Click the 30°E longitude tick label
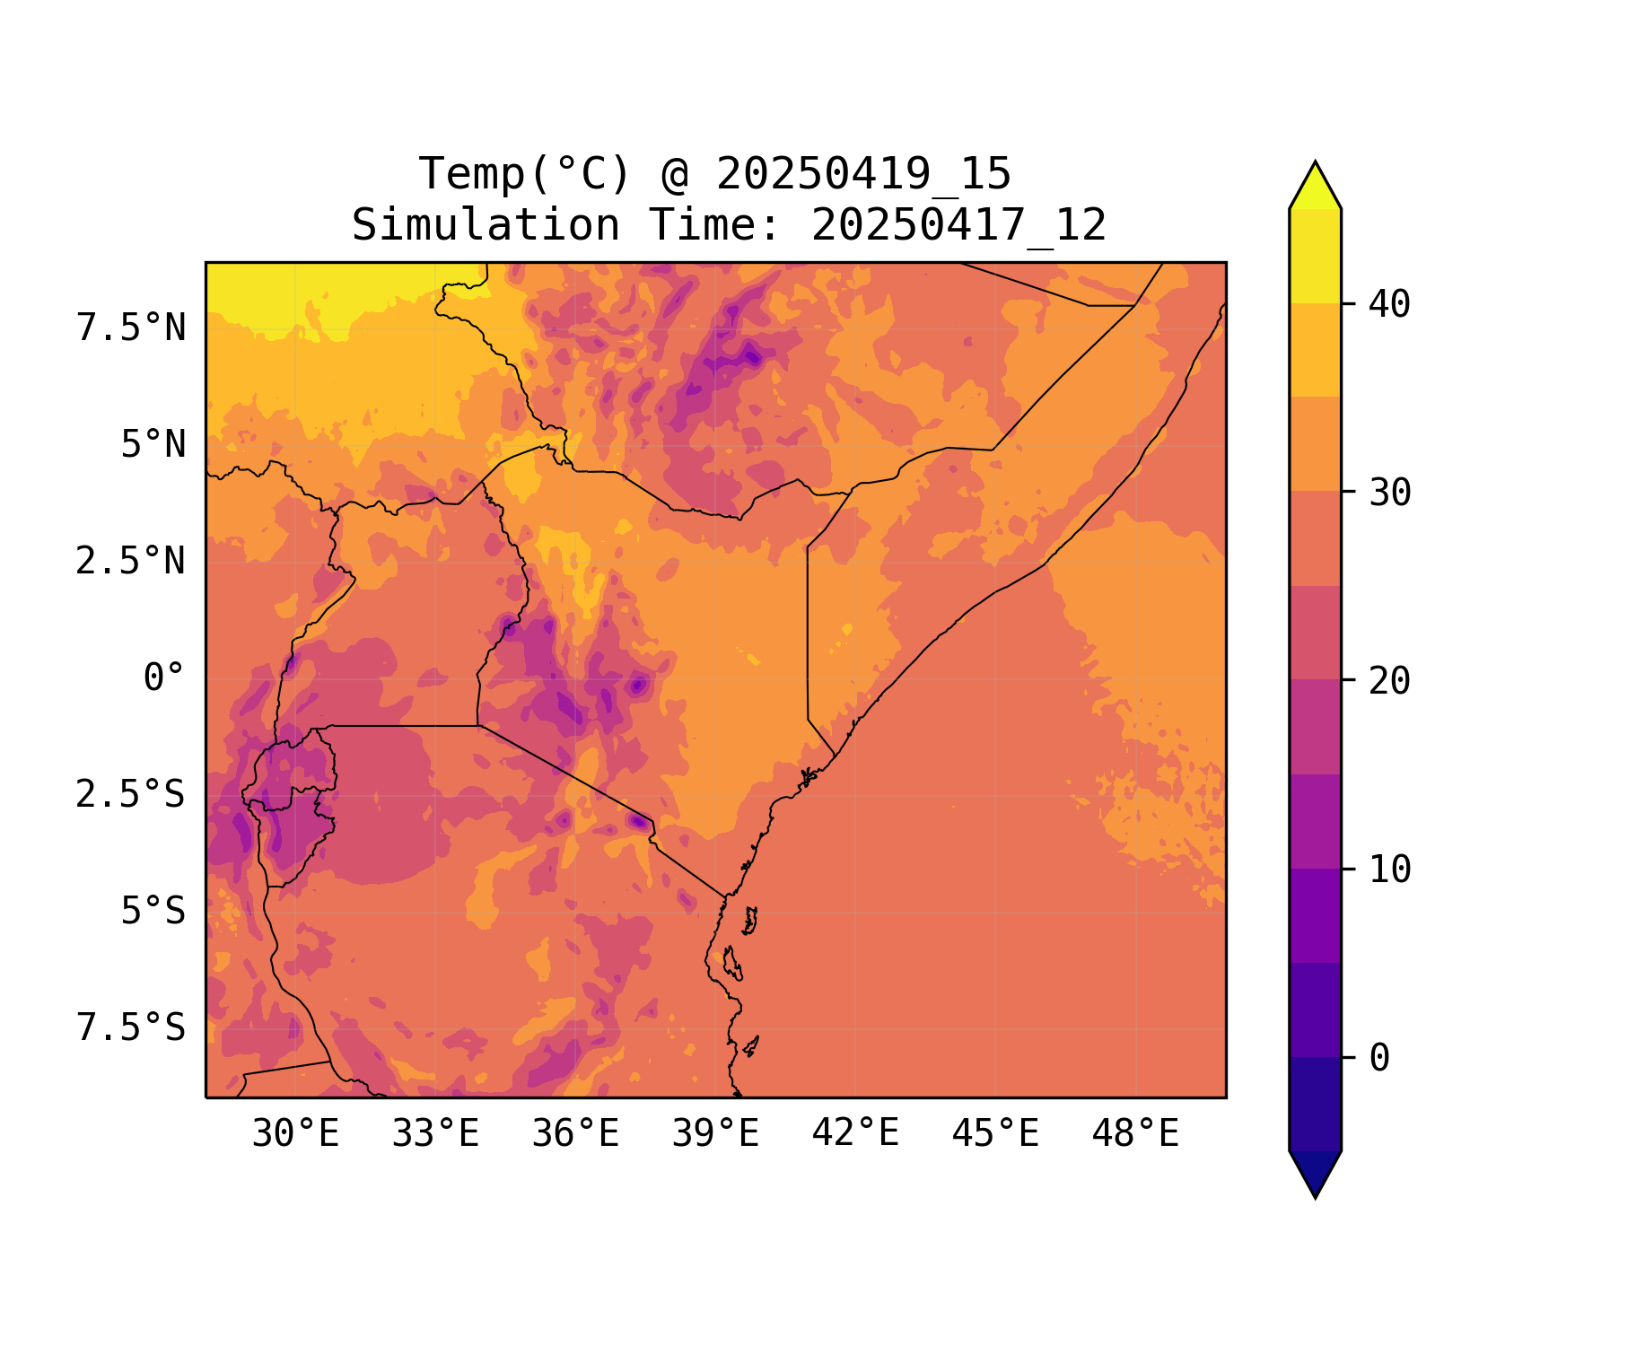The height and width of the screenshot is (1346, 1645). coord(295,1134)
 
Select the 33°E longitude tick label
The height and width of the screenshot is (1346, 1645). coord(435,1134)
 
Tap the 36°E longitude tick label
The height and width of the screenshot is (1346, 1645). coord(575,1134)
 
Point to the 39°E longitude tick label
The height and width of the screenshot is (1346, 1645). coord(715,1134)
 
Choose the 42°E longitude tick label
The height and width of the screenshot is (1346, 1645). coord(855,1133)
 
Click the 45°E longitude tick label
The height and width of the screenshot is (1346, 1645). coord(995,1134)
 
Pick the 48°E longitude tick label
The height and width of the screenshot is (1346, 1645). coord(1135,1134)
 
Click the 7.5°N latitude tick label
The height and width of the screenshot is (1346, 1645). coord(131,328)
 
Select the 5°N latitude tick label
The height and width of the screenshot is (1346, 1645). coord(153,445)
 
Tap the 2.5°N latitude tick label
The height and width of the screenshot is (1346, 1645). coord(131,562)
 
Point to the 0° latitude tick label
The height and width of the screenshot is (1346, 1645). coord(164,678)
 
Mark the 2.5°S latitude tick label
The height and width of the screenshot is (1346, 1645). coord(131,795)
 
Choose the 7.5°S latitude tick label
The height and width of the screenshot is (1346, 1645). coord(131,1028)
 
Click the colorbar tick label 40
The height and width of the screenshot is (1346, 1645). coord(1390,305)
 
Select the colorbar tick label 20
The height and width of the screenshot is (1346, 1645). coord(1390,681)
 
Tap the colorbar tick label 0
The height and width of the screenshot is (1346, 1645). coord(1379,1059)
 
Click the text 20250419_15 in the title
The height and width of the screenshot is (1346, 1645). coord(863,174)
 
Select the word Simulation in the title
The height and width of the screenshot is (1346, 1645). coord(486,225)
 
